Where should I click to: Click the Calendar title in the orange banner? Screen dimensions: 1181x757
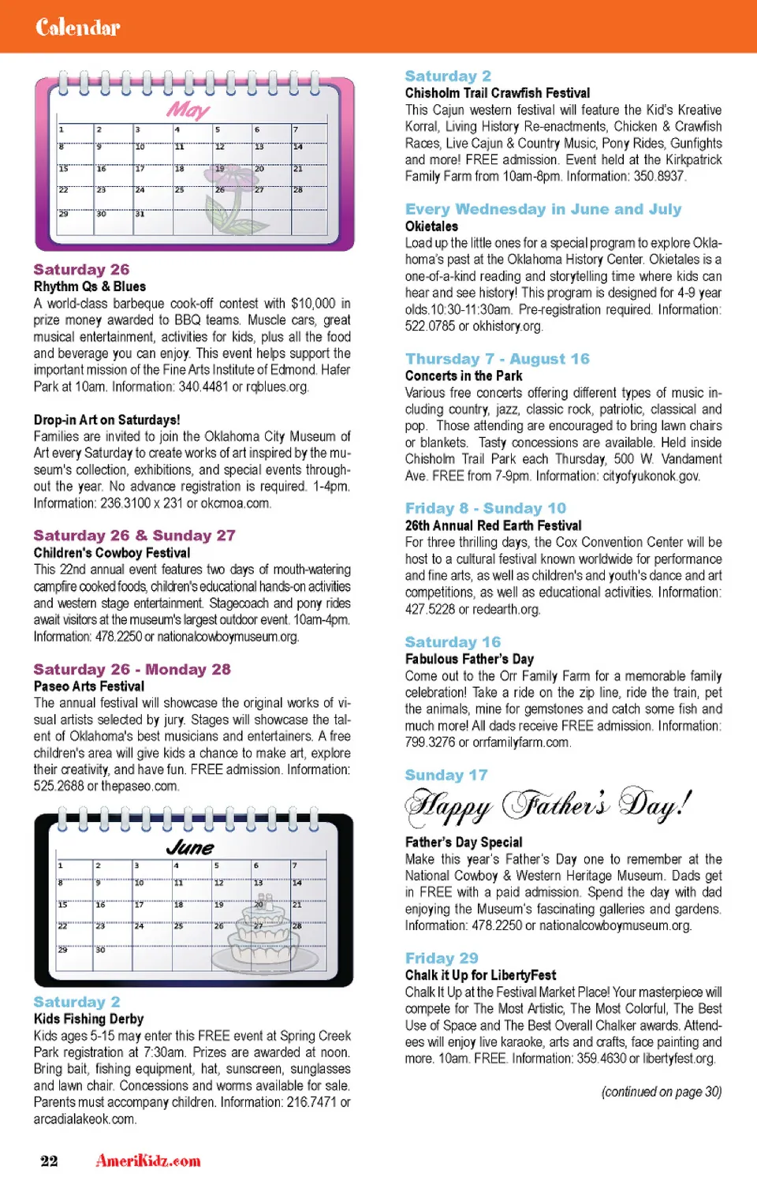77,28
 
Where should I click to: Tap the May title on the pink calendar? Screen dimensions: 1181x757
188,110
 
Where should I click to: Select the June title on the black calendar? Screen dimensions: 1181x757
190,847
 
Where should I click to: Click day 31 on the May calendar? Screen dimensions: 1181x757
140,214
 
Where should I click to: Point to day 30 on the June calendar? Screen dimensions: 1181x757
100,950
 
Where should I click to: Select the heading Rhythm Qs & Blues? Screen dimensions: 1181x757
89,286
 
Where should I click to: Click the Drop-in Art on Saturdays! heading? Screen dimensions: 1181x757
106,420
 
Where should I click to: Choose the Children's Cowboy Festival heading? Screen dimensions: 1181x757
111,553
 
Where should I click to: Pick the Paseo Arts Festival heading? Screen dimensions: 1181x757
88,686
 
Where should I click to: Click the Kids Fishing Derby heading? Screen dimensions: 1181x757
88,1018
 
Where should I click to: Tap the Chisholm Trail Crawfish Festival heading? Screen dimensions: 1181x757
497,93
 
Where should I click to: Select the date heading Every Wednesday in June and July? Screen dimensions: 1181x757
543,209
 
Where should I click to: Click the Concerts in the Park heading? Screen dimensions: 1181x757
464,376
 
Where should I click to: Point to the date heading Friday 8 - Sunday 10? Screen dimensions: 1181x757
485,508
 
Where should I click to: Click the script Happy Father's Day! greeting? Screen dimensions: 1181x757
548,805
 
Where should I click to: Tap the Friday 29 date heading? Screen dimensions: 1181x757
441,958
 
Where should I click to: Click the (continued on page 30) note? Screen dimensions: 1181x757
661,1092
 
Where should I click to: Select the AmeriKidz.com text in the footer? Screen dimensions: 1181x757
148,1160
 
